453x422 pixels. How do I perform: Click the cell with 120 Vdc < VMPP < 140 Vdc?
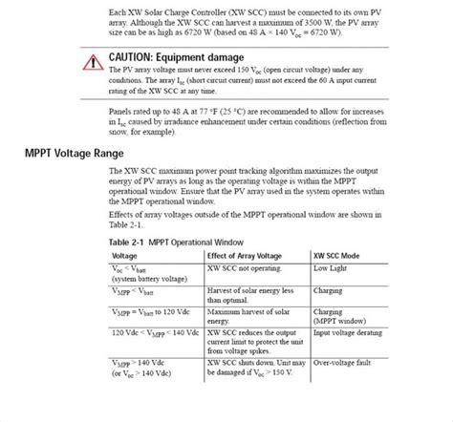click(155, 331)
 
